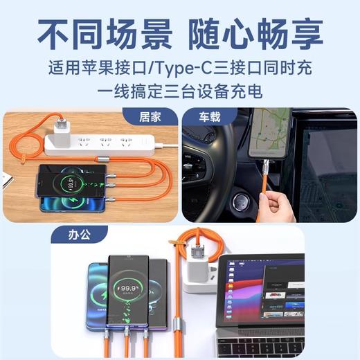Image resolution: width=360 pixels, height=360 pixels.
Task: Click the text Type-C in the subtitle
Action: (208, 69)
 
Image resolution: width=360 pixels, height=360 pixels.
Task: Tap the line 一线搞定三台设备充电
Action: (179, 91)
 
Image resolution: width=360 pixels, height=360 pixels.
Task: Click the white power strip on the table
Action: (104, 143)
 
